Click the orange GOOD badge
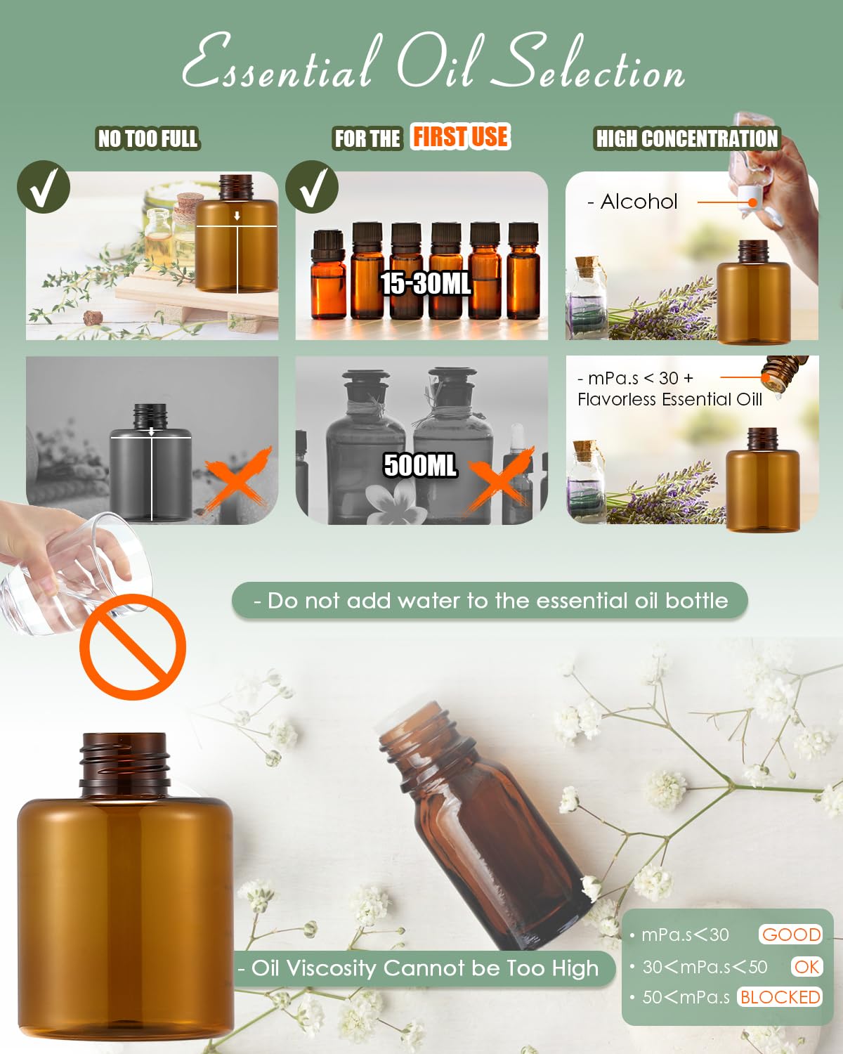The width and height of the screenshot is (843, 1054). click(790, 935)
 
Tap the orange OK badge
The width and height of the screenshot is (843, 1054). click(806, 967)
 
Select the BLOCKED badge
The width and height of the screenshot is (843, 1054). click(780, 997)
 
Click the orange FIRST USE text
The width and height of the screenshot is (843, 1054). click(460, 136)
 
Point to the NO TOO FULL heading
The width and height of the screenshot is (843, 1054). click(148, 138)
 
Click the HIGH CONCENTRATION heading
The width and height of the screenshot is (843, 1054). click(687, 138)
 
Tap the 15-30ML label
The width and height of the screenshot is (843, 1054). click(426, 284)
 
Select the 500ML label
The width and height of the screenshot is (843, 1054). click(420, 464)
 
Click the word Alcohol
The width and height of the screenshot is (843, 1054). click(639, 201)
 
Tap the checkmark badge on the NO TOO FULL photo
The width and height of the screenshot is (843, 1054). click(44, 187)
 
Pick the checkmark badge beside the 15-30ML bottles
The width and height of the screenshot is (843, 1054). click(312, 187)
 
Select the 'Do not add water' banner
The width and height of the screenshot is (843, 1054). click(490, 601)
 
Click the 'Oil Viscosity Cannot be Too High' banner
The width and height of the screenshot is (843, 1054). click(424, 968)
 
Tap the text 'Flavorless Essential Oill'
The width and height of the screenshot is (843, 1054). click(669, 399)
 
